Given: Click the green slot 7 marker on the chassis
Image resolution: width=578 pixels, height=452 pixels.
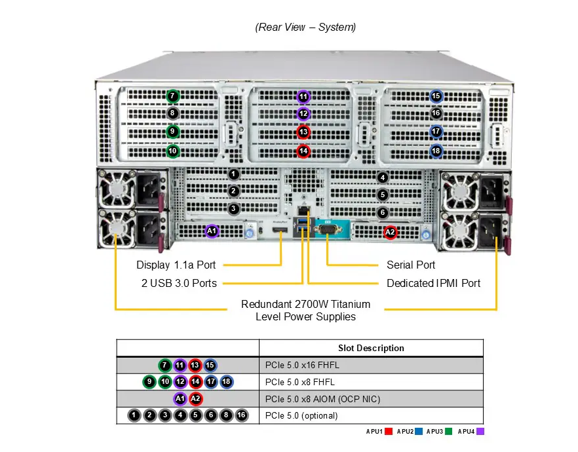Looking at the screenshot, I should point(172,96).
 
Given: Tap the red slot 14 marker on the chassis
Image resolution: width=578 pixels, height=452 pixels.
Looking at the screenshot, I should point(303,151).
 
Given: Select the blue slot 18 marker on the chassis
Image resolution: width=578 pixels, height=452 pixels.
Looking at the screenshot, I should point(436,151).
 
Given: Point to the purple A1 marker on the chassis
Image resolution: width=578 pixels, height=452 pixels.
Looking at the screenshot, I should point(211,231).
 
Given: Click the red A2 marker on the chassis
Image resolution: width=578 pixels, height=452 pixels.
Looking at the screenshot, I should point(390,231).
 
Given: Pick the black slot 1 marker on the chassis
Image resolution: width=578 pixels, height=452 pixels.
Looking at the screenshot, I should point(233,174).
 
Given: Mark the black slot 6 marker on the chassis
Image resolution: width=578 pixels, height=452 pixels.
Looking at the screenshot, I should point(383,212).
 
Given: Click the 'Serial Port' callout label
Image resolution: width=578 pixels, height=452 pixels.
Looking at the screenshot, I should point(411,265).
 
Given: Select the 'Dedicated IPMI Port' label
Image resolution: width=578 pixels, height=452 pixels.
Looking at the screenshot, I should point(433,284).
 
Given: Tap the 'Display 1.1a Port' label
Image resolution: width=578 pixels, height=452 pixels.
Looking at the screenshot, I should point(176,265).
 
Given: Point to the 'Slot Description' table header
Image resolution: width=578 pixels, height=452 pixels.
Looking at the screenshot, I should point(371,348).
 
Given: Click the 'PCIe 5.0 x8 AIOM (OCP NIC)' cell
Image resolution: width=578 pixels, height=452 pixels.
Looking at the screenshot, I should point(322,399).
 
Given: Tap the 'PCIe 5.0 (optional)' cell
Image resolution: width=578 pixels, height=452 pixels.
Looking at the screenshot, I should point(301,415).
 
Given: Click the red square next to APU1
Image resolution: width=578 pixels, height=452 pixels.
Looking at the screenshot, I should point(389,432).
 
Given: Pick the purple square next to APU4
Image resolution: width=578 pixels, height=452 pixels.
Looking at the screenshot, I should point(480,432).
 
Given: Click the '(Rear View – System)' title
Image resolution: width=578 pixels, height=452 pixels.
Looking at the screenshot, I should point(305,28).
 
